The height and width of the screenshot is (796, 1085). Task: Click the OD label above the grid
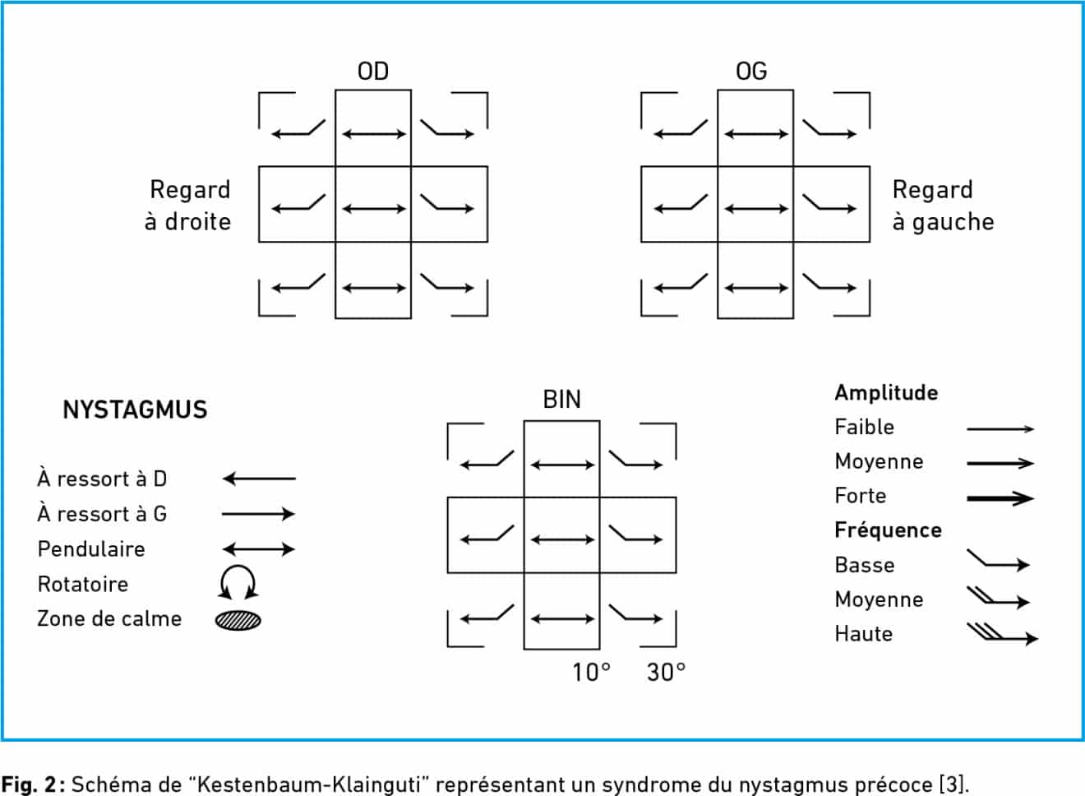click(x=373, y=72)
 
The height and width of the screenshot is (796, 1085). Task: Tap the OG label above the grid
click(x=751, y=72)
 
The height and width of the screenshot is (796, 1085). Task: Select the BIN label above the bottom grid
click(x=562, y=400)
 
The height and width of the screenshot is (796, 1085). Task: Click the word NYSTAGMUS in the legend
click(x=135, y=410)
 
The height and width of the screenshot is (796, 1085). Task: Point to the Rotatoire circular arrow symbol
click(x=238, y=567)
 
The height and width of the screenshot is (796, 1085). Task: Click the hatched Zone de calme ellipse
click(x=238, y=620)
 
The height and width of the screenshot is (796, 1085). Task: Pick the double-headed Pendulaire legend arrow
click(x=259, y=549)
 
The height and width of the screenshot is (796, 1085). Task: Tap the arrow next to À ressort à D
click(x=259, y=479)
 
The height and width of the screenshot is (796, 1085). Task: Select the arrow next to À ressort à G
click(x=259, y=514)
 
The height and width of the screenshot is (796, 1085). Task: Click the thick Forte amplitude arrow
click(x=1000, y=498)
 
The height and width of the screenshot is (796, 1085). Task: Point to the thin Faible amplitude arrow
click(x=1000, y=428)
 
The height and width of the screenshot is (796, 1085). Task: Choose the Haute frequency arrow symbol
click(x=1003, y=635)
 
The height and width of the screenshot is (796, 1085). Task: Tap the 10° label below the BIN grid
click(x=592, y=673)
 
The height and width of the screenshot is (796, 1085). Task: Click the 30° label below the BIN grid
click(x=667, y=673)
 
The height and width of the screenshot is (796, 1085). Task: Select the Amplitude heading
click(x=886, y=393)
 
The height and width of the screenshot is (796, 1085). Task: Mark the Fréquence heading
click(x=889, y=530)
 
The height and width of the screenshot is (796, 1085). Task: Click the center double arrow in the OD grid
click(x=373, y=209)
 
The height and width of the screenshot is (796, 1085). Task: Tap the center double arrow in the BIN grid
click(x=562, y=539)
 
